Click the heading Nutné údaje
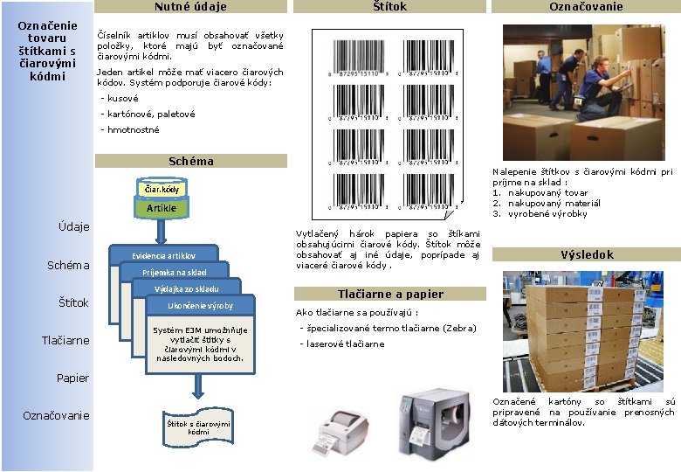point(190,7)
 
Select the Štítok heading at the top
point(389,7)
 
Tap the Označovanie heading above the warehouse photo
point(586,7)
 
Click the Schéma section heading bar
point(190,161)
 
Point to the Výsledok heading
point(586,254)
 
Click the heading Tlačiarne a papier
point(390,294)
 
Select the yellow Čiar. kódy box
point(161,189)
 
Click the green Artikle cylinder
point(161,208)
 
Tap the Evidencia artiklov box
point(163,255)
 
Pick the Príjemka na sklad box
point(175,272)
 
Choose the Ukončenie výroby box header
point(201,305)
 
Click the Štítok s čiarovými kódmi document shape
point(198,427)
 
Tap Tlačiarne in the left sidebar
point(65,340)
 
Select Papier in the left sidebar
point(72,378)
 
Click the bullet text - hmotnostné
point(130,129)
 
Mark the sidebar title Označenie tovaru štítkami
point(47,51)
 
